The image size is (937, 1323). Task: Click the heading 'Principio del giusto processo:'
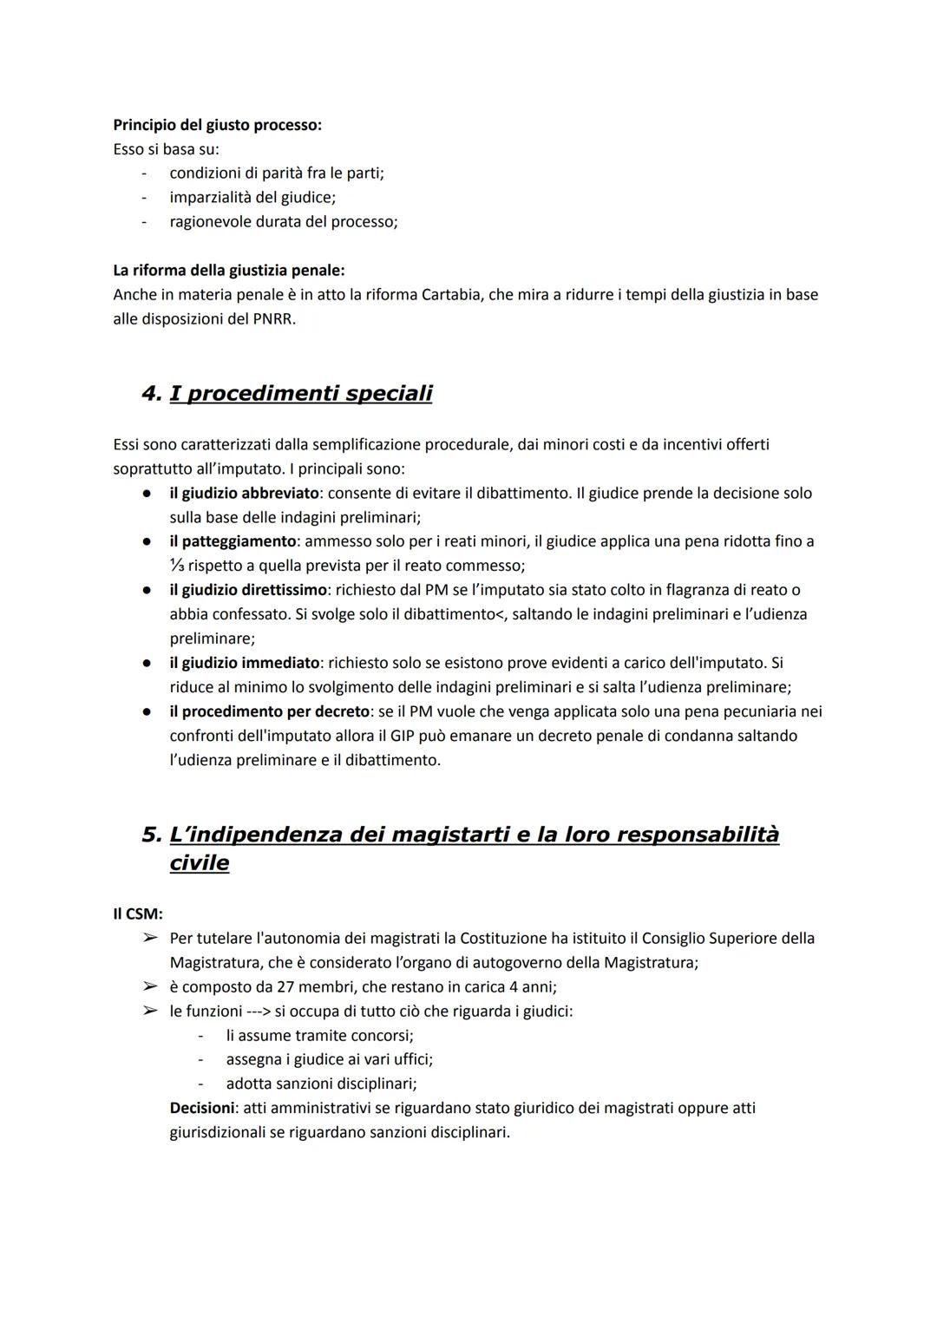[x=217, y=125]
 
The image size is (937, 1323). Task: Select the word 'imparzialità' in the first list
[x=212, y=197]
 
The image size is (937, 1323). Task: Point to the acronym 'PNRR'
[x=276, y=318]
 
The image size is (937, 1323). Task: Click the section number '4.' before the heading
[x=152, y=393]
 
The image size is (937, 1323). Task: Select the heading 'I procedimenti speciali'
[x=300, y=393]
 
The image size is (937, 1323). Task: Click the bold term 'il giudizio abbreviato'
[x=245, y=493]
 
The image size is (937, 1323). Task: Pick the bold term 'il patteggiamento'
[x=233, y=541]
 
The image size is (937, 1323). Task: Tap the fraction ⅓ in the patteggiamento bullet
[x=176, y=566]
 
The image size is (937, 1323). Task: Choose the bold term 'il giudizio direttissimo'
[x=248, y=590]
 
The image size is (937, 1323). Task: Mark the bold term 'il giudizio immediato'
[x=245, y=663]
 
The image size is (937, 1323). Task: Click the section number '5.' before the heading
[x=152, y=835]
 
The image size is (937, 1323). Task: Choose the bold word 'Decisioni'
[x=202, y=1108]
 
